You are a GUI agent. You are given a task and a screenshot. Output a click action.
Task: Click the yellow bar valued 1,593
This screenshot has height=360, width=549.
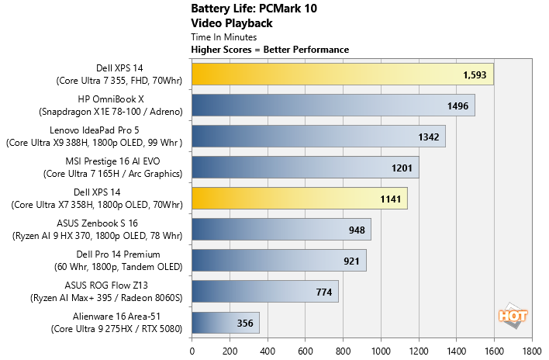(x=342, y=74)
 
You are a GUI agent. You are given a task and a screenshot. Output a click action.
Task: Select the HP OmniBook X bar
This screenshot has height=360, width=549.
(x=333, y=106)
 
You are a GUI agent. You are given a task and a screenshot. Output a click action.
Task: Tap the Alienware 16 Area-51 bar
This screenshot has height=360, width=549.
(x=225, y=323)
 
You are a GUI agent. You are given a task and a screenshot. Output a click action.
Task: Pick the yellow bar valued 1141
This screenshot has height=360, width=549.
(x=299, y=199)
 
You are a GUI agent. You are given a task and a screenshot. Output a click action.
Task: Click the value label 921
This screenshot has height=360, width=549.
(x=351, y=261)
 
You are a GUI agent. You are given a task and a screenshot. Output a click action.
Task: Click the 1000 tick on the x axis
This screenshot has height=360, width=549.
(x=381, y=350)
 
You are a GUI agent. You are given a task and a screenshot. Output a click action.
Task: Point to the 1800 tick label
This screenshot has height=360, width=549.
(x=532, y=350)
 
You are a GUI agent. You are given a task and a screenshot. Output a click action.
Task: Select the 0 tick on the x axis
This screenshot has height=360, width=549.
(x=192, y=350)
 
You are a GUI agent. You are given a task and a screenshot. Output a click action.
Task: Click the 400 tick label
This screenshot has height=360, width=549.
(x=268, y=350)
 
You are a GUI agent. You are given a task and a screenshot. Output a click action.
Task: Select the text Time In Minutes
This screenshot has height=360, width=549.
(x=226, y=36)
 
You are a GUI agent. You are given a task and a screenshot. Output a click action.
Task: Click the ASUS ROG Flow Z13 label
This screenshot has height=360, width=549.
(x=95, y=292)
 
